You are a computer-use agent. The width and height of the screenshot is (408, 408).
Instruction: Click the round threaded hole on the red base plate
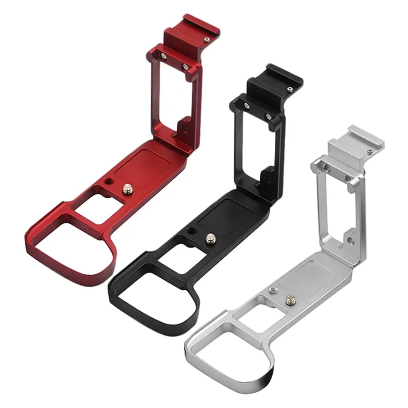pos(108,183)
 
